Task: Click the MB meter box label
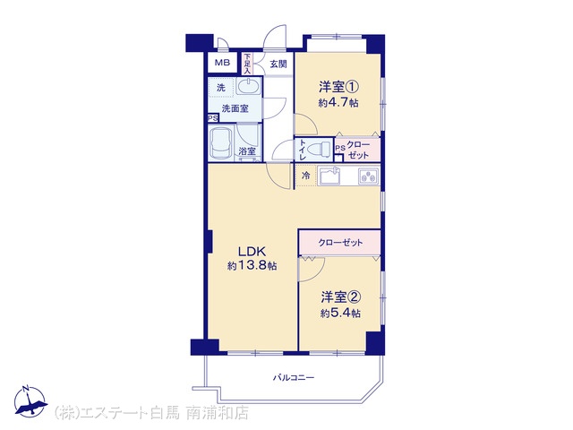click(x=222, y=63)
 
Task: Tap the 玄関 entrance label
click(x=278, y=64)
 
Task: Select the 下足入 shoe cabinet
click(x=247, y=64)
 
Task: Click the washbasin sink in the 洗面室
click(x=249, y=87)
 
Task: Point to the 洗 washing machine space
click(x=221, y=88)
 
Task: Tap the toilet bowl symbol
click(x=319, y=150)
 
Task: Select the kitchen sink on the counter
click(x=330, y=176)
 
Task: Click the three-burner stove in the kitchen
click(x=369, y=176)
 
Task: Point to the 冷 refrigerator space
click(x=306, y=176)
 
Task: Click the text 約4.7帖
click(x=338, y=103)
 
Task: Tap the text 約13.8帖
click(x=252, y=266)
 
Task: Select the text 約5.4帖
click(x=340, y=314)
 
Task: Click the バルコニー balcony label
click(x=294, y=378)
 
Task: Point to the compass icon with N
click(x=30, y=401)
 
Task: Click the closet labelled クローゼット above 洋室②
click(x=340, y=243)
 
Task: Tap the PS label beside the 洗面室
click(x=213, y=118)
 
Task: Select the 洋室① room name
click(x=338, y=88)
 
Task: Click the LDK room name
click(x=252, y=252)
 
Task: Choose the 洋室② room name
click(x=341, y=297)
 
